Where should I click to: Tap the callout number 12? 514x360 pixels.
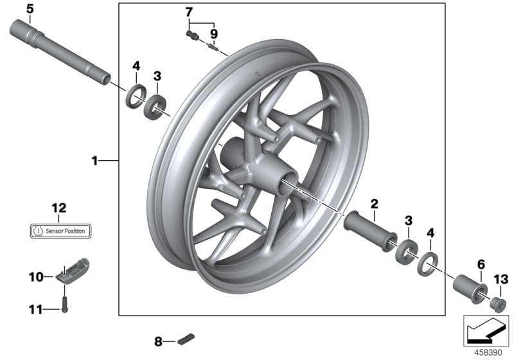coord(59,207)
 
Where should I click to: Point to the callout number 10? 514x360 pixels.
coord(35,277)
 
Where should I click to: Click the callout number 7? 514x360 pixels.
coord(188,12)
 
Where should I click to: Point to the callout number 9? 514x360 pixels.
coord(213,33)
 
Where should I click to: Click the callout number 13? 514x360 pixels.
coord(501,279)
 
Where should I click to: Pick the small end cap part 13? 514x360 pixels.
coord(497,303)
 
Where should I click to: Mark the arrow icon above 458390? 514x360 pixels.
coord(485,330)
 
